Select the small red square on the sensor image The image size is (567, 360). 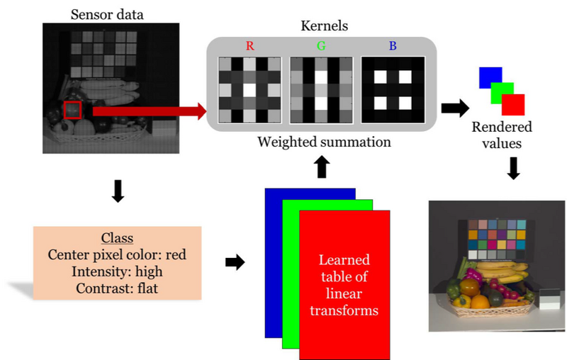[73, 111]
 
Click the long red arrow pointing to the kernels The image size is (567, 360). [149, 110]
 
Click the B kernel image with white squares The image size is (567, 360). [392, 89]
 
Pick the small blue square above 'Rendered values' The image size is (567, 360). [490, 77]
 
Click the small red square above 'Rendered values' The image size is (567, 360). [513, 103]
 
